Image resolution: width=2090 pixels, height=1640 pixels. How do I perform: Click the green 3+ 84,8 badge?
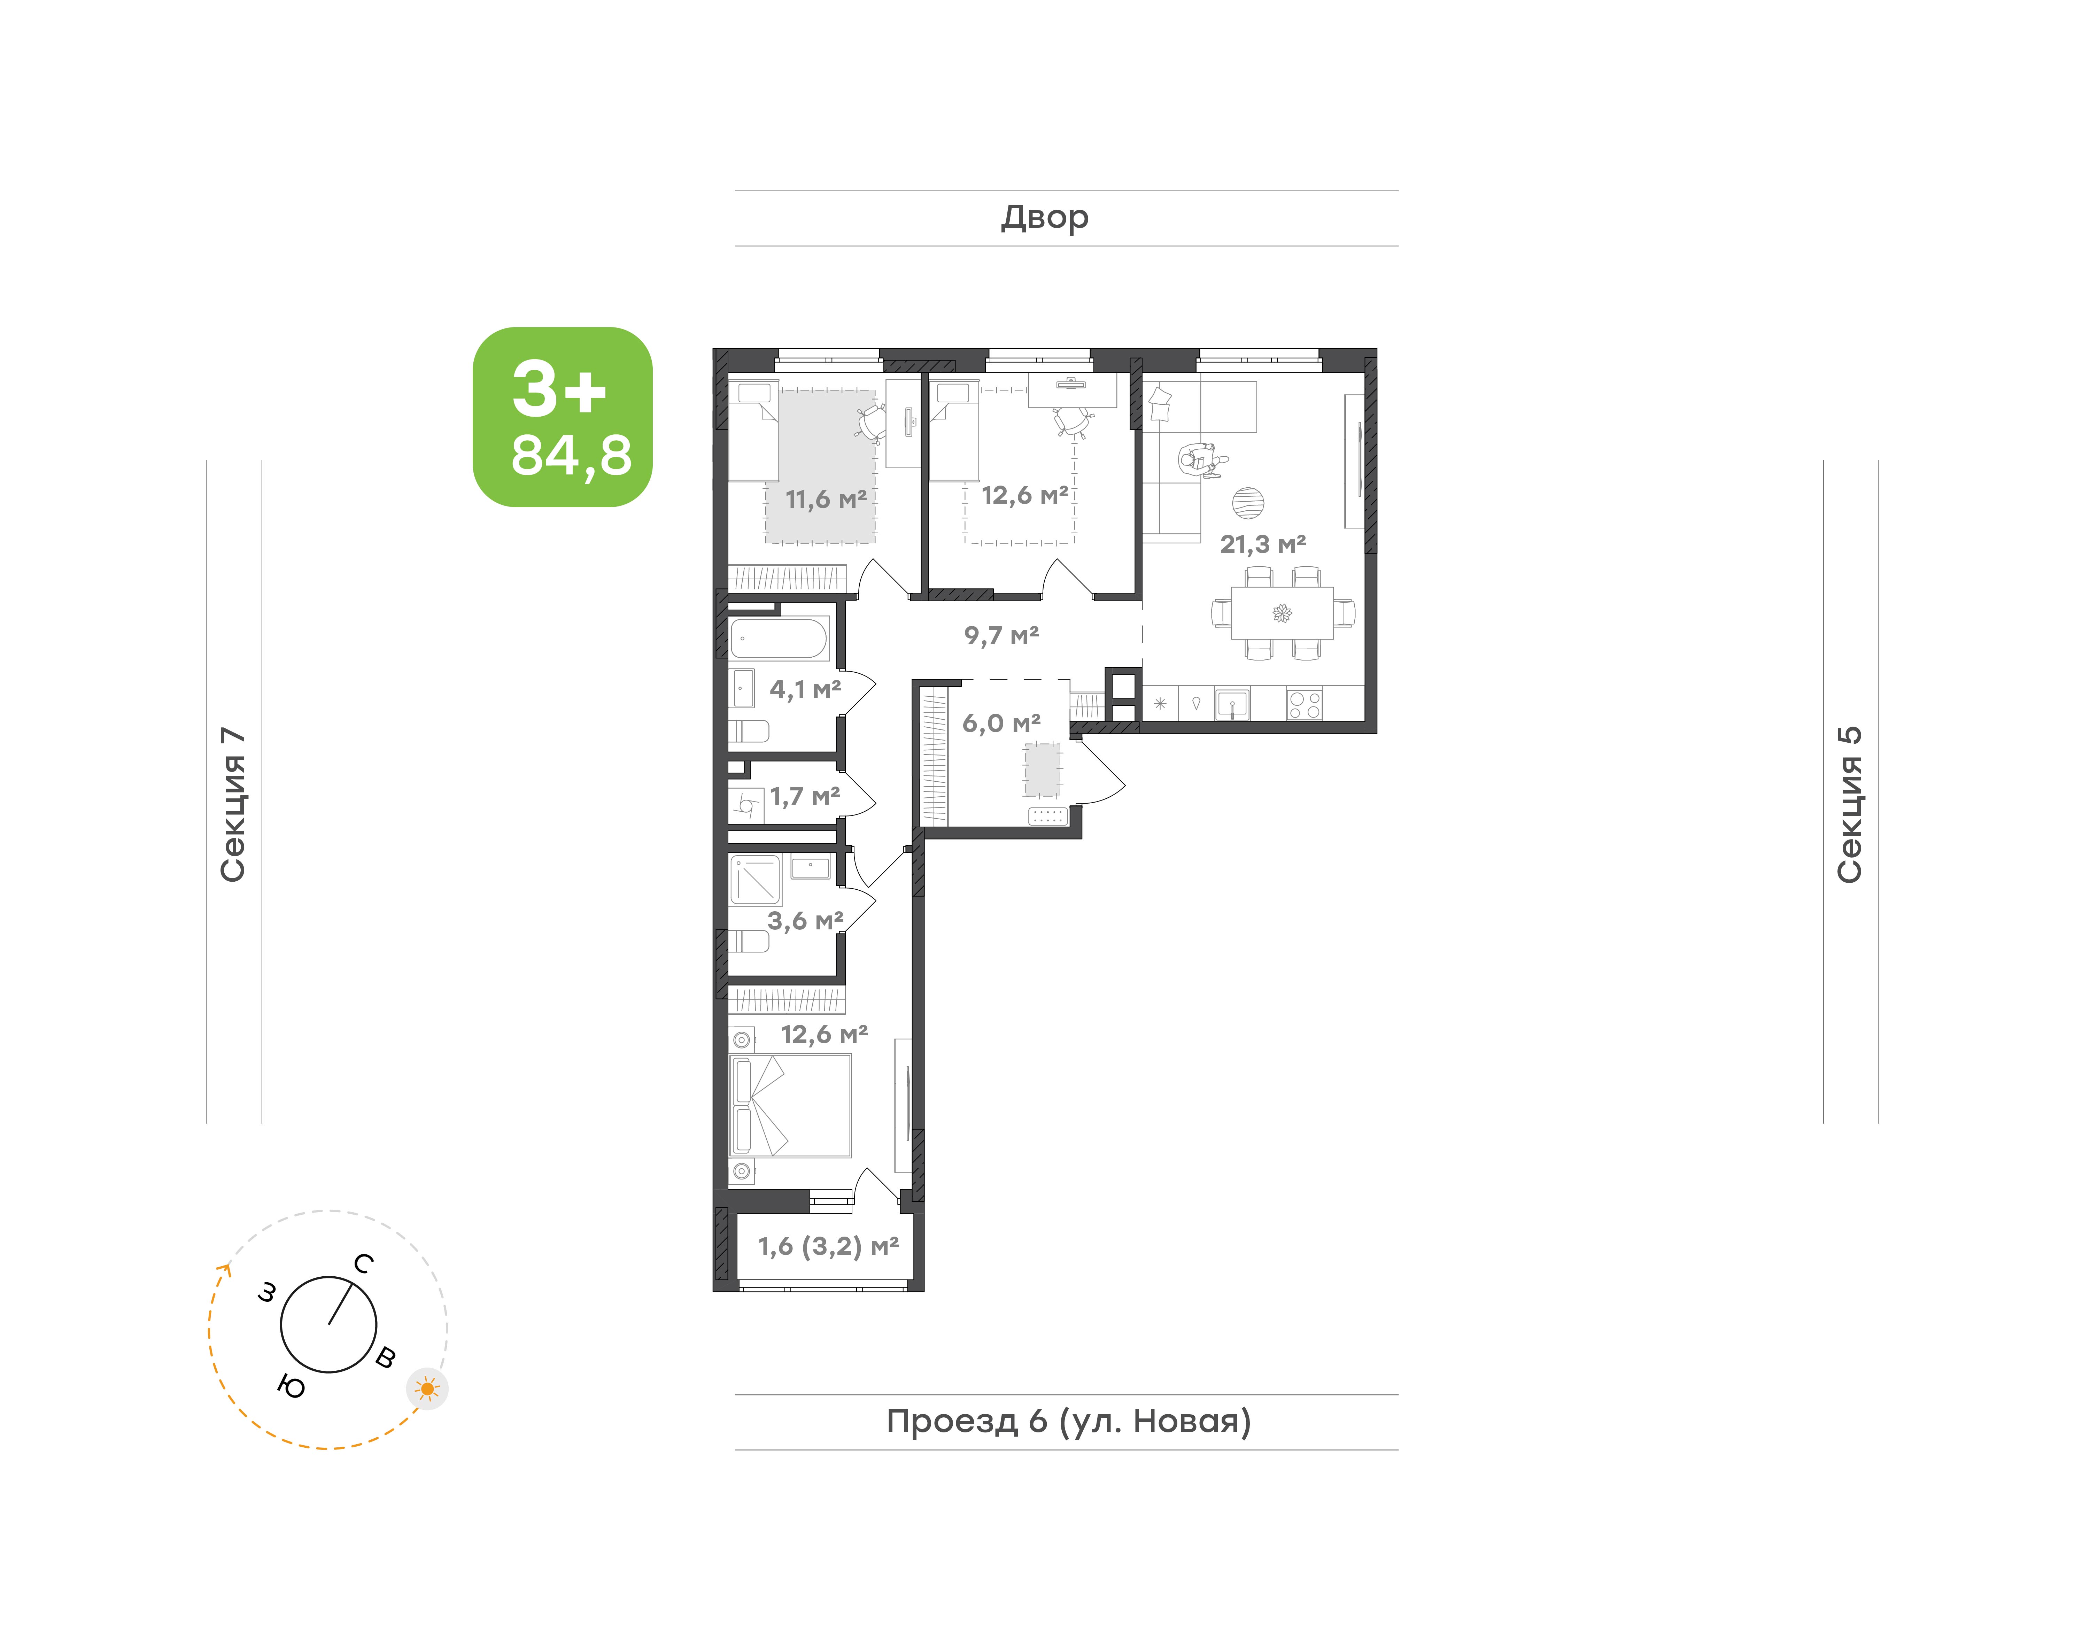[563, 417]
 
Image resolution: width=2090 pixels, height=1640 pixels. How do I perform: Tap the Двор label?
[1045, 218]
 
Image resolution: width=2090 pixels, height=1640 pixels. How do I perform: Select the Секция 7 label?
[233, 805]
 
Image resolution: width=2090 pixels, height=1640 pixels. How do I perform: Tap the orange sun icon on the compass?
[427, 1390]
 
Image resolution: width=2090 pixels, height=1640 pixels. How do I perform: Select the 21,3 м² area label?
[1262, 544]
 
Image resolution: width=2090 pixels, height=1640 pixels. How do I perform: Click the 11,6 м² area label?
[826, 499]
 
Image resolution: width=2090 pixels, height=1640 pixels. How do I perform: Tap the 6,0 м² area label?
[1001, 723]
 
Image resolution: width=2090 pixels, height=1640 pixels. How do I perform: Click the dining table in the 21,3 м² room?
[1282, 613]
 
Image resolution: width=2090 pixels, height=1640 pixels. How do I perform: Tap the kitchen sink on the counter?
[1232, 704]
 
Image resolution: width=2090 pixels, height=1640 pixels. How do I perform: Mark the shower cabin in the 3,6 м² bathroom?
[756, 880]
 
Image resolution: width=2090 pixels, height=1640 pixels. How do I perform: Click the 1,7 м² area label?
[805, 796]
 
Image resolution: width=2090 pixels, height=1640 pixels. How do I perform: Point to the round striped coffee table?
[1248, 502]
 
